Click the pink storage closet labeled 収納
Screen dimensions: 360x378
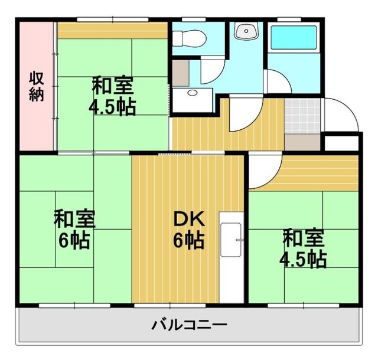pos(37,87)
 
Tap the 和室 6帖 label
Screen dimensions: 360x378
pos(74,229)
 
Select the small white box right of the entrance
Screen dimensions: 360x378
pos(341,143)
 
